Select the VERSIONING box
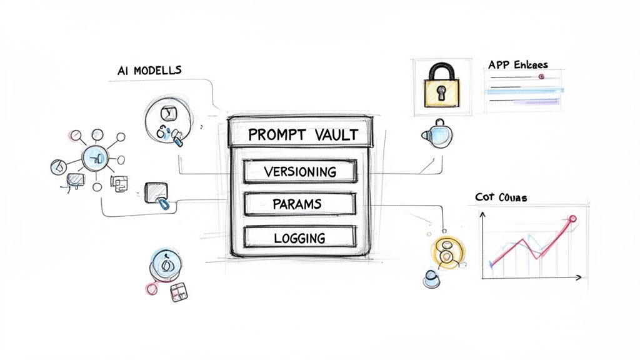point(300,171)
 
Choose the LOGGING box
point(300,237)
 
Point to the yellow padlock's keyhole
point(442,93)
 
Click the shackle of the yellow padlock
point(442,70)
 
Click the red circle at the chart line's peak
point(572,219)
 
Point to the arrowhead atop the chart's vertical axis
point(483,214)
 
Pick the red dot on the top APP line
point(541,77)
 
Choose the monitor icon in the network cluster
point(75,179)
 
